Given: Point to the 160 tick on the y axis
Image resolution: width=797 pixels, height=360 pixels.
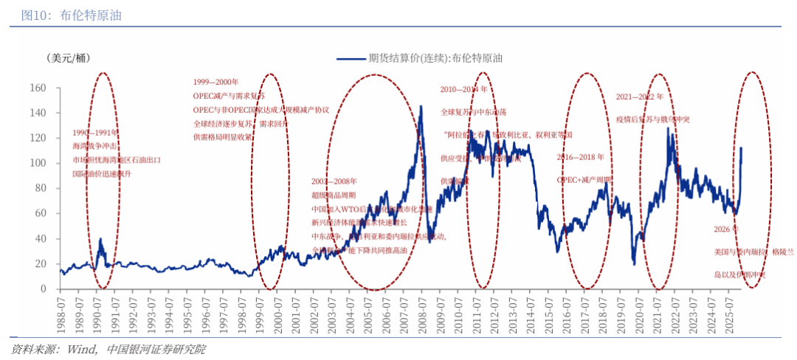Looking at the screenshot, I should pos(38,88).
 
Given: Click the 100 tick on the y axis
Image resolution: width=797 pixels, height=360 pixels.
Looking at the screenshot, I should pos(38,163).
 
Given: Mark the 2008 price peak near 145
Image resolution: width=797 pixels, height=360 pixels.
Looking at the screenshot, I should pos(421,106).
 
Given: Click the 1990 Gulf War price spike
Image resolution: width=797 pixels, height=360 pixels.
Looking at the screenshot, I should pos(101,239).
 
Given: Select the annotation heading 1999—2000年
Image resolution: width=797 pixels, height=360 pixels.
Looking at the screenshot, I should pos(216,82).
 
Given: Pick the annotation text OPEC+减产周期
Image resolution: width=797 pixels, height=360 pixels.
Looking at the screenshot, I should pos(584,179).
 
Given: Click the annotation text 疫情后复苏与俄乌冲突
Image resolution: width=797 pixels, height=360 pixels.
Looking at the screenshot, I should pos(653,119).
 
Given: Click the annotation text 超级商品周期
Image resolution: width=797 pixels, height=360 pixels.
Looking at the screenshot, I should pos(334,195).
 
